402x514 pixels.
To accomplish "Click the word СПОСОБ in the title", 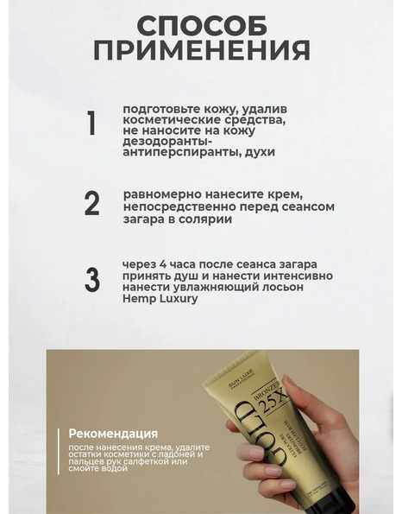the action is coord(202,26).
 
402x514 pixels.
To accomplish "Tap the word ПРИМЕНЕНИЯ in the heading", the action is coord(202,50).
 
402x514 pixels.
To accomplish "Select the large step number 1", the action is coord(92,123).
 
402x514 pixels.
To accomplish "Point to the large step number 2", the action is coord(92,203).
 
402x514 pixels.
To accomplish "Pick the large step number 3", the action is coord(92,280).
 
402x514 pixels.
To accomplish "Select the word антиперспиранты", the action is coord(180,152).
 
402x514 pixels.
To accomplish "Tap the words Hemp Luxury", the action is coord(160,299).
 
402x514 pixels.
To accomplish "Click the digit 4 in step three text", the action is coord(164,264).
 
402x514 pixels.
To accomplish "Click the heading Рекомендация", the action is coord(113,434).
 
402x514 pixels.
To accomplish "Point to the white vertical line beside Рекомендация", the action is coord(59,452).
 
